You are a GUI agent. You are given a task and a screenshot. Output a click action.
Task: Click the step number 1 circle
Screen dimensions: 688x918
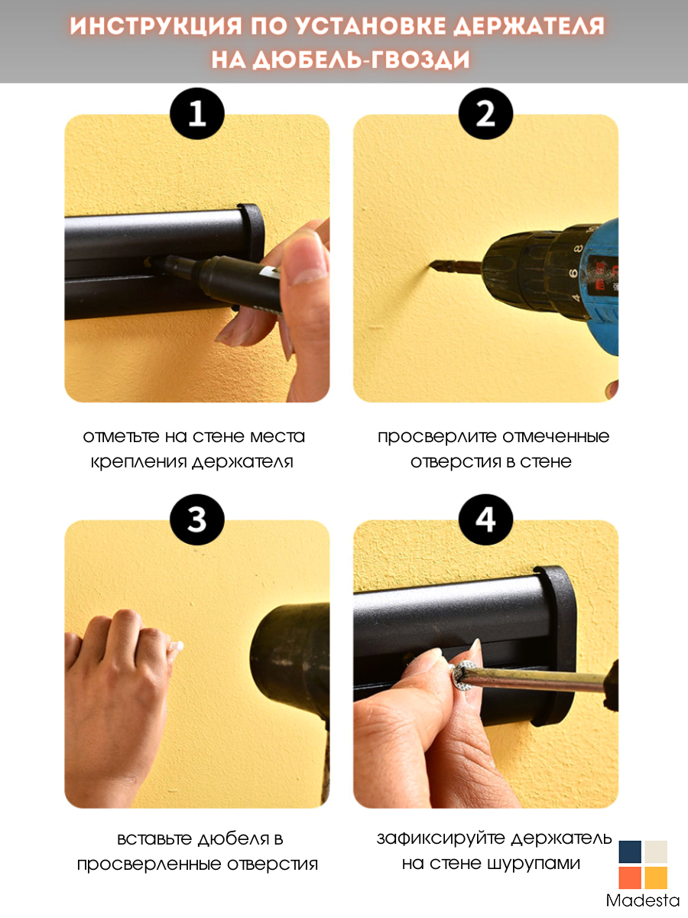click(197, 114)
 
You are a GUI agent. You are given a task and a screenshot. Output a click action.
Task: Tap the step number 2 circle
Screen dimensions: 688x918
click(485, 114)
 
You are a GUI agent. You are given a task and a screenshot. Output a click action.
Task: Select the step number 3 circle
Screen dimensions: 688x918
click(197, 519)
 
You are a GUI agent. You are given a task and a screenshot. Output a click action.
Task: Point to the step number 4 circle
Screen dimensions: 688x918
click(485, 519)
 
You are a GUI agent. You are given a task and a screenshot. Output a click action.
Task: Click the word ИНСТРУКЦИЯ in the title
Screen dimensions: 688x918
click(155, 26)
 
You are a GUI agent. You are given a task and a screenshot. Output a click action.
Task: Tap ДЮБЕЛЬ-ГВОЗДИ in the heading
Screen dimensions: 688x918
click(361, 59)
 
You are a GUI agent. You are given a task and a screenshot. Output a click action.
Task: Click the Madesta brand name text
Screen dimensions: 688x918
click(643, 900)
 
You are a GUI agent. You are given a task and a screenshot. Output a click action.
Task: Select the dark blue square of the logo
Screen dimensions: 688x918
click(629, 852)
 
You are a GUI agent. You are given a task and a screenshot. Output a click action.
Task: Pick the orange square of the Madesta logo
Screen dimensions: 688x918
click(629, 877)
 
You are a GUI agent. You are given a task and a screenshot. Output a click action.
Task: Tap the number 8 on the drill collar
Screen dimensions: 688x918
click(578, 249)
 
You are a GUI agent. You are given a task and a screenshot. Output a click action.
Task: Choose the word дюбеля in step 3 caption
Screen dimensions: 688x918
click(233, 839)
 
